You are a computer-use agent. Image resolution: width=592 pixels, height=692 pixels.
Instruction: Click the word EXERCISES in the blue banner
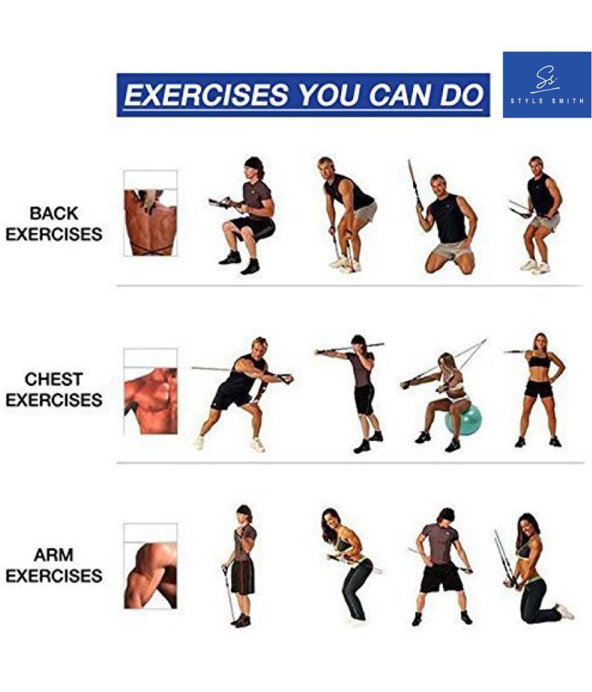pyautogui.click(x=206, y=95)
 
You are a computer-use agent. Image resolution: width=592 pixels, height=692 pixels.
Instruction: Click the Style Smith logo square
pyautogui.click(x=547, y=85)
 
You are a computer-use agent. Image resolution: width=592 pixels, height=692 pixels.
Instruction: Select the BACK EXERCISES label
pyautogui.click(x=54, y=224)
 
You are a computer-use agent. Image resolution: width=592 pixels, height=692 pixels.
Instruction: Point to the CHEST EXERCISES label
pyautogui.click(x=54, y=389)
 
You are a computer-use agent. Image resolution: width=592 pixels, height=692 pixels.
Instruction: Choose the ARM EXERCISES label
pyautogui.click(x=54, y=565)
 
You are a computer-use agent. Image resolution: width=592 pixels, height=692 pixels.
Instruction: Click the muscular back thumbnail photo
pyautogui.click(x=150, y=213)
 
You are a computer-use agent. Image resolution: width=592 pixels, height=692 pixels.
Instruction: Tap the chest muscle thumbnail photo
pyautogui.click(x=150, y=392)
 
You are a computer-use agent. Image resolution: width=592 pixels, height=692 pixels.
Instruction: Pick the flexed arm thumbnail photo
pyautogui.click(x=150, y=567)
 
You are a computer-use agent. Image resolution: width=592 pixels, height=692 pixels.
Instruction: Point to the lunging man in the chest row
pyautogui.click(x=243, y=394)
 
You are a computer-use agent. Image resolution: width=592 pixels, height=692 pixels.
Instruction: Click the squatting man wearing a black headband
pyautogui.click(x=245, y=216)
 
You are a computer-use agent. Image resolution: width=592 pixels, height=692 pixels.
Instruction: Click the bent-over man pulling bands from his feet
pyautogui.click(x=347, y=215)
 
